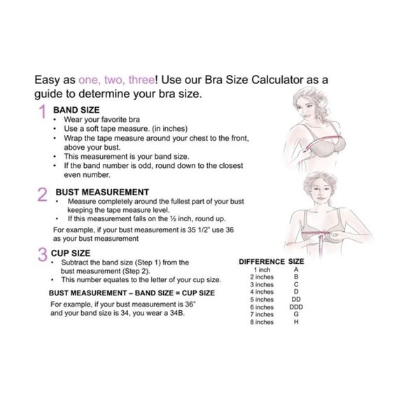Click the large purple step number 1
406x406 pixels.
point(42,111)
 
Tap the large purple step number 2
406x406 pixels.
point(43,195)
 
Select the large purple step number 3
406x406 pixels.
point(43,254)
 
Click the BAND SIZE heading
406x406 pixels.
point(76,110)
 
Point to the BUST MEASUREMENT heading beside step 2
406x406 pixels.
point(102,192)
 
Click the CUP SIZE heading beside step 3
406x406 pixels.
point(71,253)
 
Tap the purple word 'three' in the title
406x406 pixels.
point(141,80)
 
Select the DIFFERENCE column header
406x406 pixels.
point(262,262)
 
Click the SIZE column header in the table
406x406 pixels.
point(296,262)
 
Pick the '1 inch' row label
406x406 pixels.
point(262,269)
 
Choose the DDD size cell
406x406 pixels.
point(296,307)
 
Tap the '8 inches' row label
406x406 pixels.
point(262,322)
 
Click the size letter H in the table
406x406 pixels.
point(296,322)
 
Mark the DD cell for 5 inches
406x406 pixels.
point(296,300)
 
